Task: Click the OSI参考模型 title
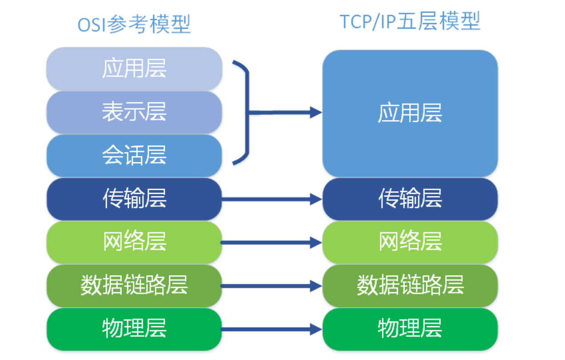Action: (x=134, y=24)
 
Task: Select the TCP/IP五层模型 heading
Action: (x=410, y=21)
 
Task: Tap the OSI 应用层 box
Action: (x=134, y=68)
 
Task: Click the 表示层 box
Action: (x=134, y=112)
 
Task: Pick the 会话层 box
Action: (x=134, y=156)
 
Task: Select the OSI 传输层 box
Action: (x=134, y=199)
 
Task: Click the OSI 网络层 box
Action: (x=134, y=242)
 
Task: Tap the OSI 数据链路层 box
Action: (x=134, y=285)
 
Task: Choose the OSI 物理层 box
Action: (x=134, y=329)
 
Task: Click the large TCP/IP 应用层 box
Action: (x=410, y=113)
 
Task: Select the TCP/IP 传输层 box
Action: (x=410, y=199)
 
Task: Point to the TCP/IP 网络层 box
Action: (x=410, y=242)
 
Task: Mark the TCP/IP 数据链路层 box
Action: (x=410, y=285)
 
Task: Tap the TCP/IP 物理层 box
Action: (x=410, y=329)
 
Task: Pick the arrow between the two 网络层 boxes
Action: (x=272, y=243)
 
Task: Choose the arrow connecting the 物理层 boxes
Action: (x=272, y=329)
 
